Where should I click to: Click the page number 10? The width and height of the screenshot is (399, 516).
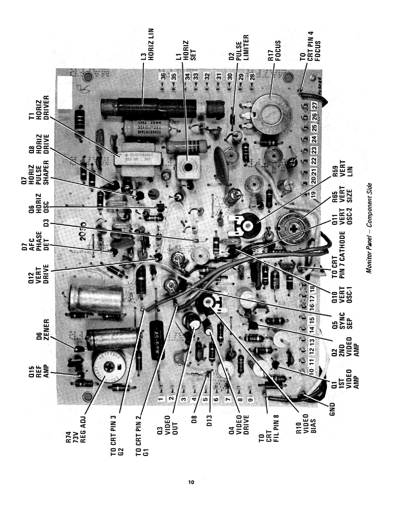pyautogui.click(x=191, y=482)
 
